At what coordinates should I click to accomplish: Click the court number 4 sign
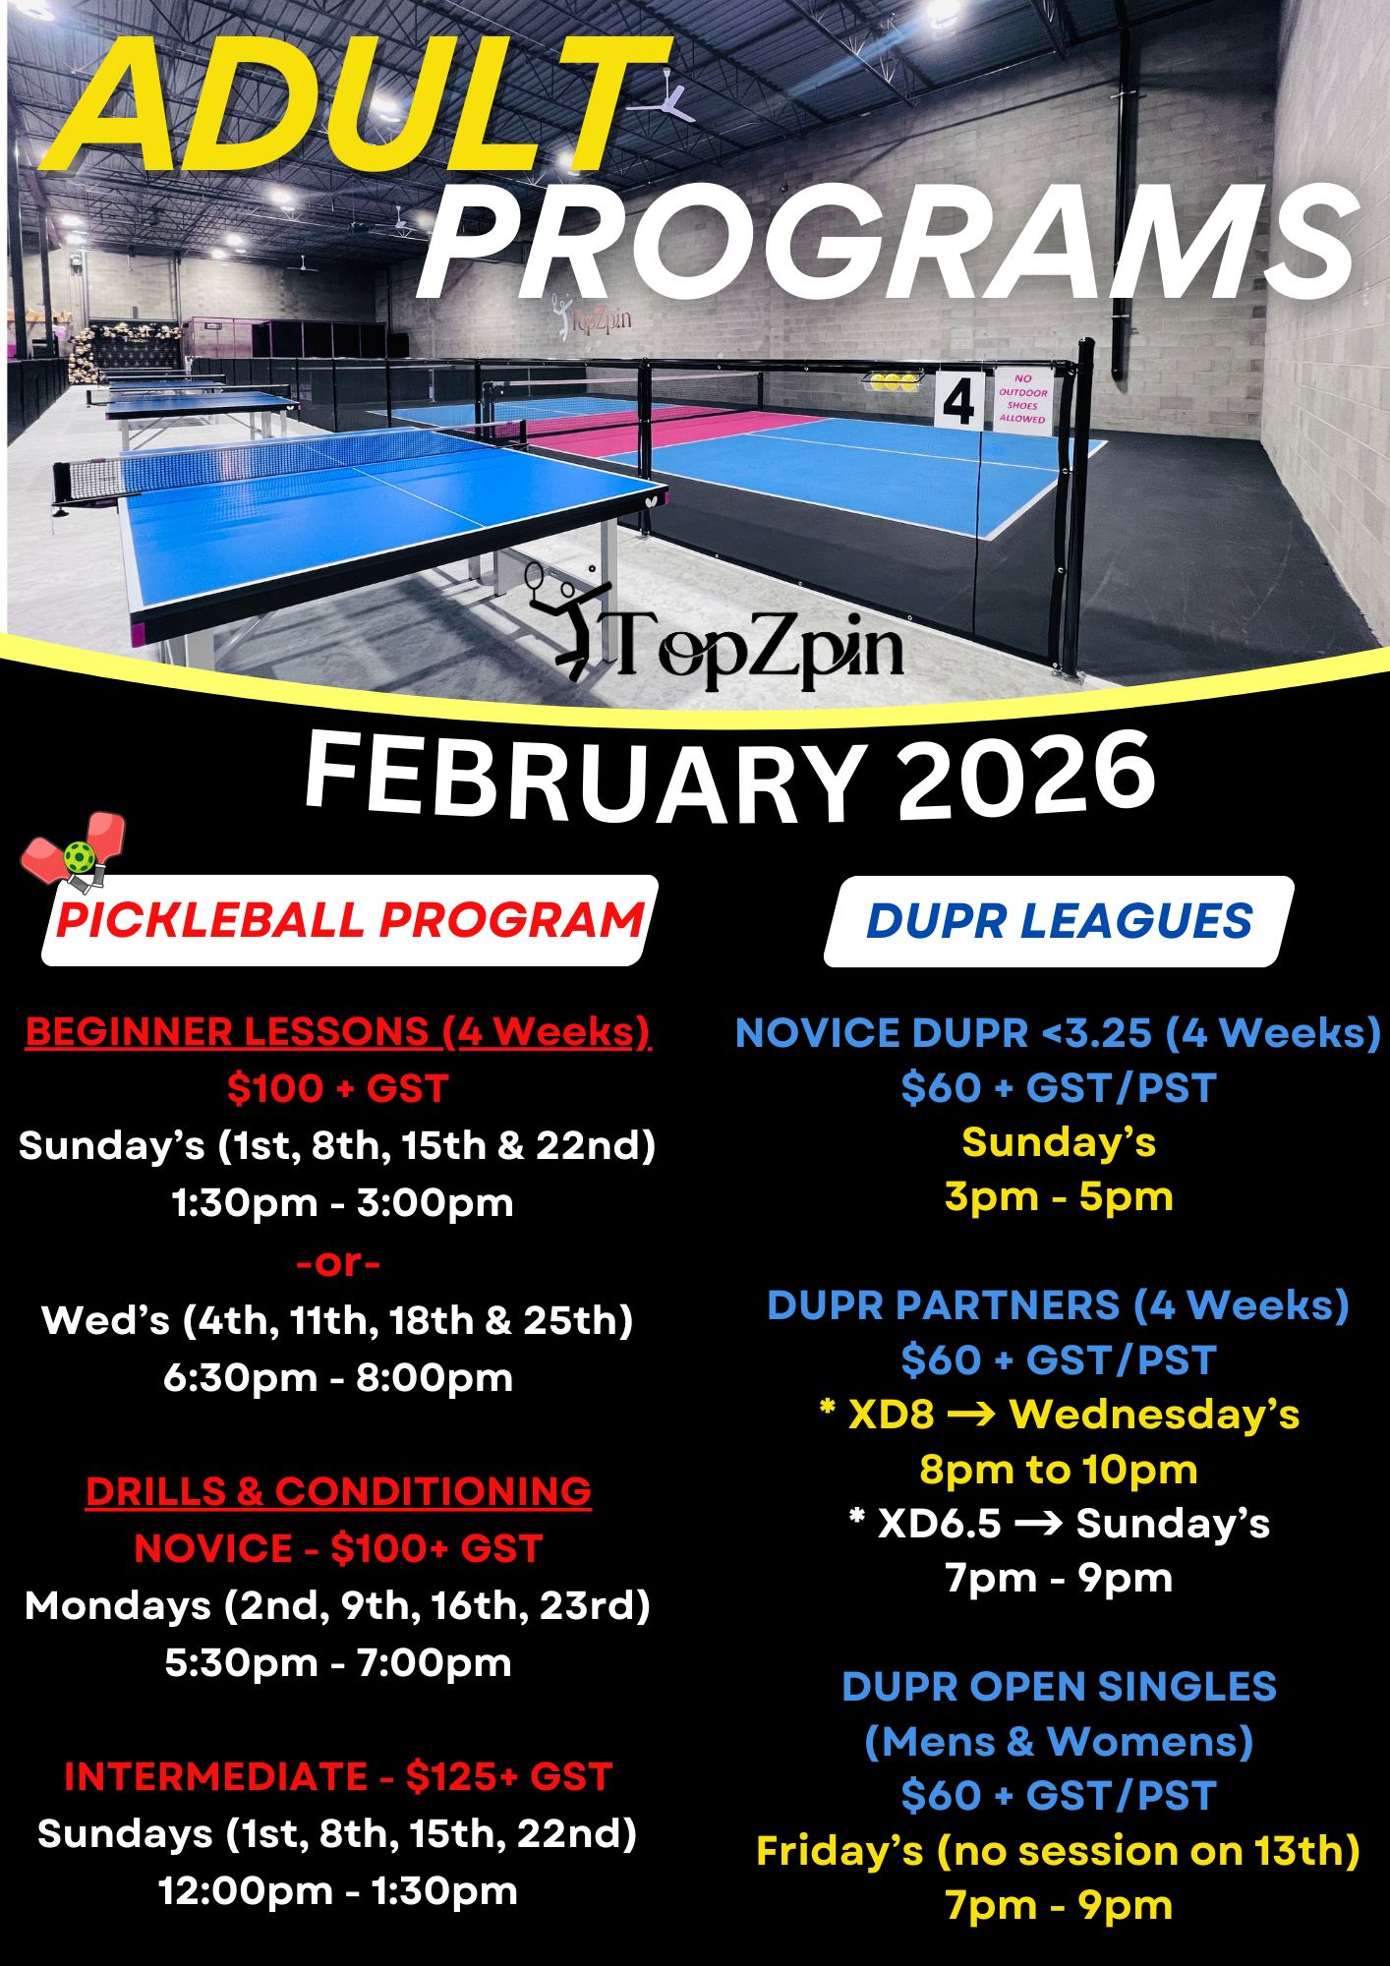(x=958, y=401)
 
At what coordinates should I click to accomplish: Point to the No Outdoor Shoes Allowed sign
(x=1022, y=398)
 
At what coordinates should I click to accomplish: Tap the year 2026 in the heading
(x=1026, y=777)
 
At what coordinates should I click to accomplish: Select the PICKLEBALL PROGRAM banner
(x=350, y=921)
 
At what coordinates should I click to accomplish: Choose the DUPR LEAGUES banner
(x=1059, y=922)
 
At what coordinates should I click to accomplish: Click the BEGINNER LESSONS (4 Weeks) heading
(x=338, y=1032)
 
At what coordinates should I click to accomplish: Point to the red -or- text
(x=338, y=1262)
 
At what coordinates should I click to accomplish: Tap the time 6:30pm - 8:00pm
(x=338, y=1378)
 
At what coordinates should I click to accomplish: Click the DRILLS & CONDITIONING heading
(x=338, y=1492)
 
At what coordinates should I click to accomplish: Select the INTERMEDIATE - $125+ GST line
(x=338, y=1777)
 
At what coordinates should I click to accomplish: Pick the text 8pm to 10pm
(x=1059, y=1470)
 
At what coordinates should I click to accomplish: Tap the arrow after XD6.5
(x=1038, y=1524)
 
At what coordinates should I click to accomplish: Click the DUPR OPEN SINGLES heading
(x=1059, y=1687)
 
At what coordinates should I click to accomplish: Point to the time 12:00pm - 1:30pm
(x=338, y=1891)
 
